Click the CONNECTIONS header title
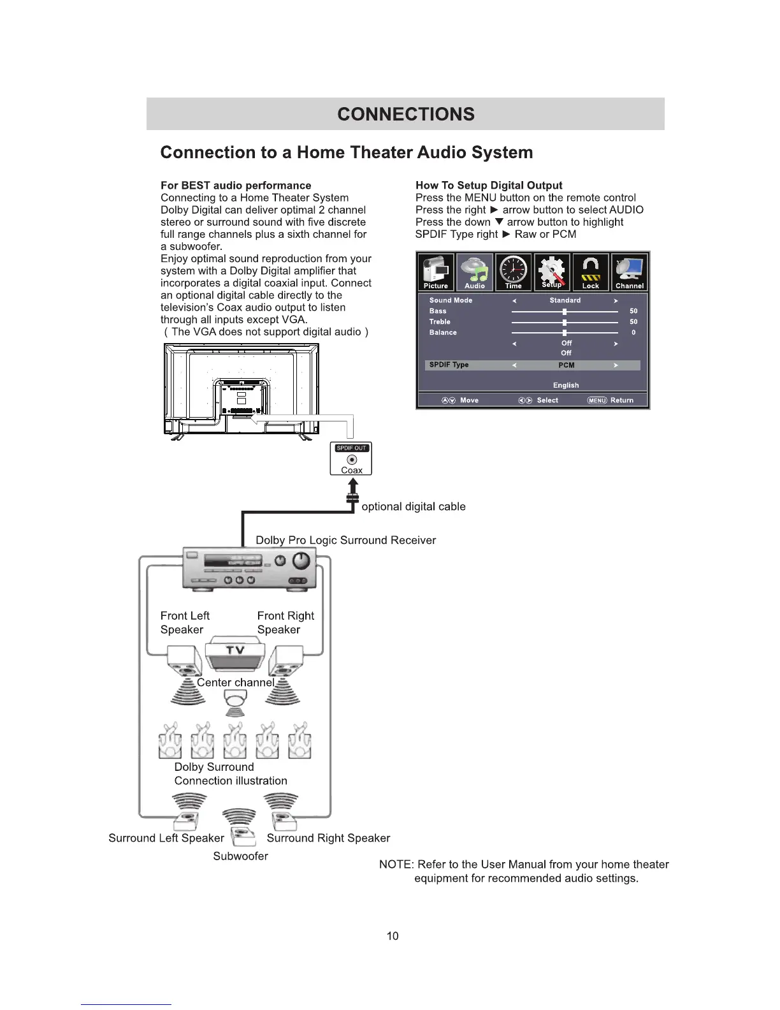click(x=406, y=114)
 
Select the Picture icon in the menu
click(x=436, y=272)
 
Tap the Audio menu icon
click(x=475, y=272)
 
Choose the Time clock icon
click(x=514, y=272)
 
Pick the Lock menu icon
click(x=591, y=272)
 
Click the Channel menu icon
click(x=630, y=272)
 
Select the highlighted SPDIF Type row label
click(x=449, y=365)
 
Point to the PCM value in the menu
click(x=566, y=365)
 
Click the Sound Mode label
click(x=451, y=300)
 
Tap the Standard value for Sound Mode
click(x=565, y=300)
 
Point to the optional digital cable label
click(x=414, y=506)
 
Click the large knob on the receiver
click(x=301, y=560)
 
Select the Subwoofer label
click(x=240, y=856)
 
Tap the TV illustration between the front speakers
click(x=235, y=654)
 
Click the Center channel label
click(x=235, y=682)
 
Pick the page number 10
click(x=393, y=935)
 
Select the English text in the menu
click(x=566, y=385)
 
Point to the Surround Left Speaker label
click(x=166, y=838)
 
